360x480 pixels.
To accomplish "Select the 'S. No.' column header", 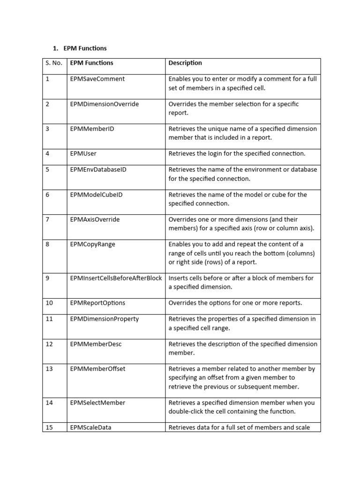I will (x=54, y=63).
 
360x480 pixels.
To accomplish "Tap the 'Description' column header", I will (x=185, y=63).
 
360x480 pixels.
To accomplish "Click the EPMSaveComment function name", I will (x=97, y=79).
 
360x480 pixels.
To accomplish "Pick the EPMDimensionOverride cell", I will (x=104, y=104).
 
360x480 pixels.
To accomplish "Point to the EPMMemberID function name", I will (x=92, y=129).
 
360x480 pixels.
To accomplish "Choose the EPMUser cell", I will (x=83, y=153).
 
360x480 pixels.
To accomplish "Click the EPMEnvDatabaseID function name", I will (x=98, y=170).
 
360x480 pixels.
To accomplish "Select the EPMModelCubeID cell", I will (x=96, y=195).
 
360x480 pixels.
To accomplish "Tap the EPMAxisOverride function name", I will (x=95, y=219).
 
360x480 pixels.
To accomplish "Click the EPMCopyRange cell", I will (x=92, y=244).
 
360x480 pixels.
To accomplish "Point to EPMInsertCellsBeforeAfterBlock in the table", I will (x=116, y=278).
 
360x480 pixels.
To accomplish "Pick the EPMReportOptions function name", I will (x=97, y=303).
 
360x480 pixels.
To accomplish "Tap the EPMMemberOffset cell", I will (x=97, y=369).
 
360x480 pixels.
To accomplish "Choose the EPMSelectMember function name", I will (x=98, y=403).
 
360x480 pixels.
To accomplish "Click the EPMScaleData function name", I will (x=91, y=427).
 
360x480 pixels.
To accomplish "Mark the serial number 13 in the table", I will (x=49, y=369).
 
